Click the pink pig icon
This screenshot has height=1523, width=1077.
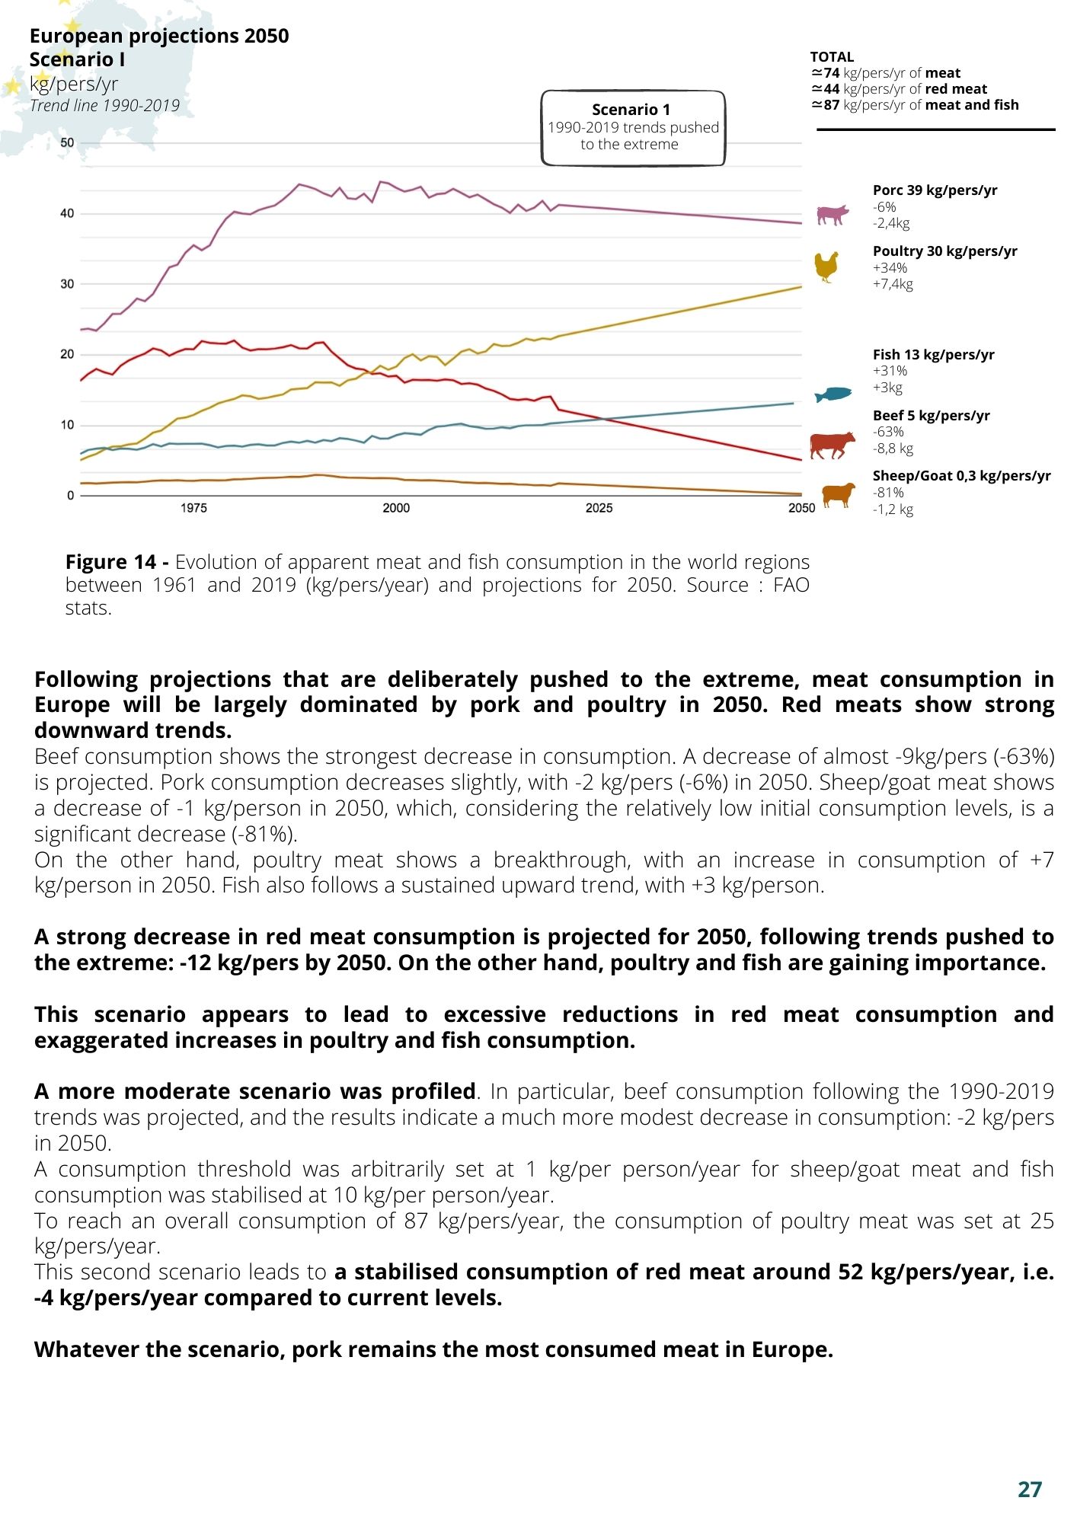click(833, 215)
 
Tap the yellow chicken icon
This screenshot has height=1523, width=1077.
click(826, 267)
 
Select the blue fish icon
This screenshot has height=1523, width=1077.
click(833, 394)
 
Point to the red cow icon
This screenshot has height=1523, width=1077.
click(833, 445)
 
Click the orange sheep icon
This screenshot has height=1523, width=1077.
click(838, 494)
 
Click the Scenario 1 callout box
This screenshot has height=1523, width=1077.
click(633, 128)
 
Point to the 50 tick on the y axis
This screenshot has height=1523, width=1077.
click(67, 142)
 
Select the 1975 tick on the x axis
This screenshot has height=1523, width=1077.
click(193, 508)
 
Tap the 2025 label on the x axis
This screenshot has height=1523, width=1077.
click(599, 508)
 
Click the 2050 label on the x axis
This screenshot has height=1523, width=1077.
click(801, 508)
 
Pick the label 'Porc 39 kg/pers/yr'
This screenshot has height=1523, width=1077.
click(935, 190)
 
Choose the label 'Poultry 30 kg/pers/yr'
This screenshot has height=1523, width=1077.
click(944, 251)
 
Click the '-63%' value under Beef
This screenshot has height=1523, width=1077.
click(888, 432)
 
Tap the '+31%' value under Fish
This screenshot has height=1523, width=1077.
click(890, 371)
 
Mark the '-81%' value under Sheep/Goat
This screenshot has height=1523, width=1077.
click(888, 493)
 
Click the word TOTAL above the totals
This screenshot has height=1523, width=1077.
click(832, 57)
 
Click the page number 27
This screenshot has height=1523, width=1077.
click(1030, 1489)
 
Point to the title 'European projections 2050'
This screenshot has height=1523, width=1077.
click(159, 36)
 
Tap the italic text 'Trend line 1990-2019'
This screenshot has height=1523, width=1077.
click(105, 105)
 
